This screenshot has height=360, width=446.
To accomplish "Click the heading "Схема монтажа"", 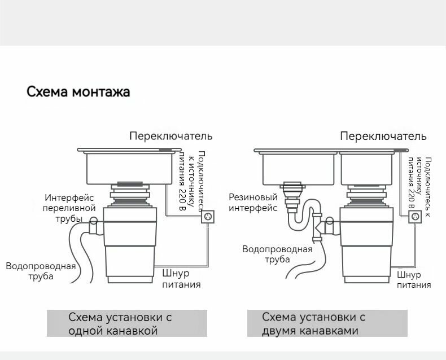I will point(78,91).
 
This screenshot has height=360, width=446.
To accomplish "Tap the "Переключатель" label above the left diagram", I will point(171,136).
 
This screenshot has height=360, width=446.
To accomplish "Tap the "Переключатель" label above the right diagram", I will point(383,136).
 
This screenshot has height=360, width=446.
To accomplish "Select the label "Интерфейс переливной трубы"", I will point(69,208).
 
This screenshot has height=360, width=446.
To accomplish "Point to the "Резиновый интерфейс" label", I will point(253,203).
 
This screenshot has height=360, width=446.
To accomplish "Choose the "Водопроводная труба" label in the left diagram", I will point(41,271).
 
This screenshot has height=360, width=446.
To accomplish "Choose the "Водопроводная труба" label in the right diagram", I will point(277,254).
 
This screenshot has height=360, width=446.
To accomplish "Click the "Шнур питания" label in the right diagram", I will point(413,280).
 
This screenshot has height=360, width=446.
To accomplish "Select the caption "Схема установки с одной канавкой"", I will point(120,324).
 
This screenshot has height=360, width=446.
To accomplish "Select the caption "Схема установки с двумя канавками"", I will point(314,324).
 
